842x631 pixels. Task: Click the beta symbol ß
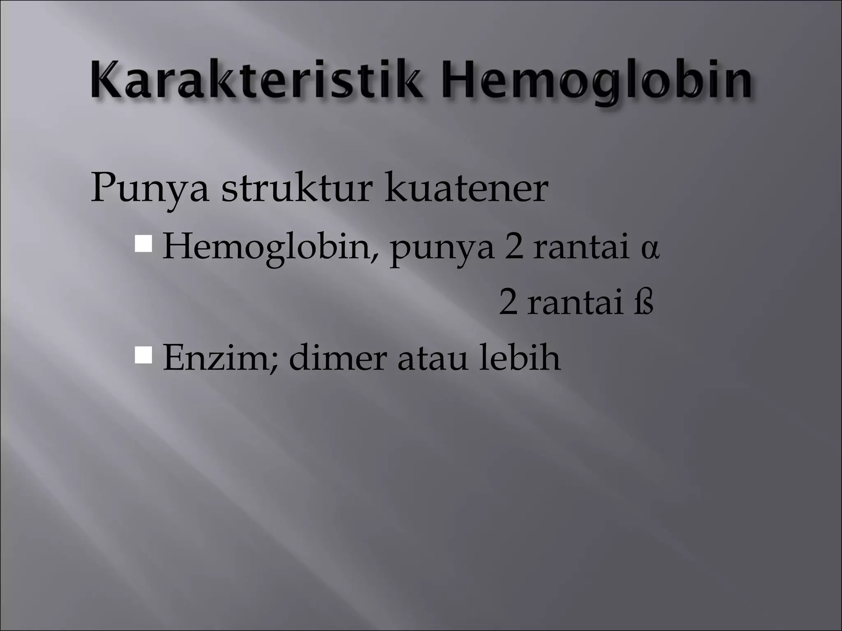pyautogui.click(x=643, y=304)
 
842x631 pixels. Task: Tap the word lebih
pyautogui.click(x=520, y=357)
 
